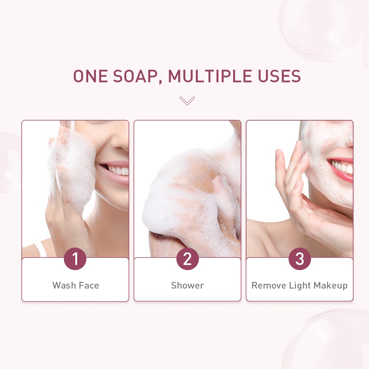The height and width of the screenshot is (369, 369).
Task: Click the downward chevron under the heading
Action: pyautogui.click(x=187, y=100)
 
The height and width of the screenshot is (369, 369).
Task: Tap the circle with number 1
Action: pyautogui.click(x=75, y=259)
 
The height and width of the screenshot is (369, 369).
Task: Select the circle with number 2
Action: pyautogui.click(x=187, y=259)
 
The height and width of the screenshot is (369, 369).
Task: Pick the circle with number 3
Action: pyautogui.click(x=300, y=259)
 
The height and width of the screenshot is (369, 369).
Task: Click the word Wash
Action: pyautogui.click(x=63, y=285)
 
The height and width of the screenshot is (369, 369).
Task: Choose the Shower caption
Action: pyautogui.click(x=187, y=285)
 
